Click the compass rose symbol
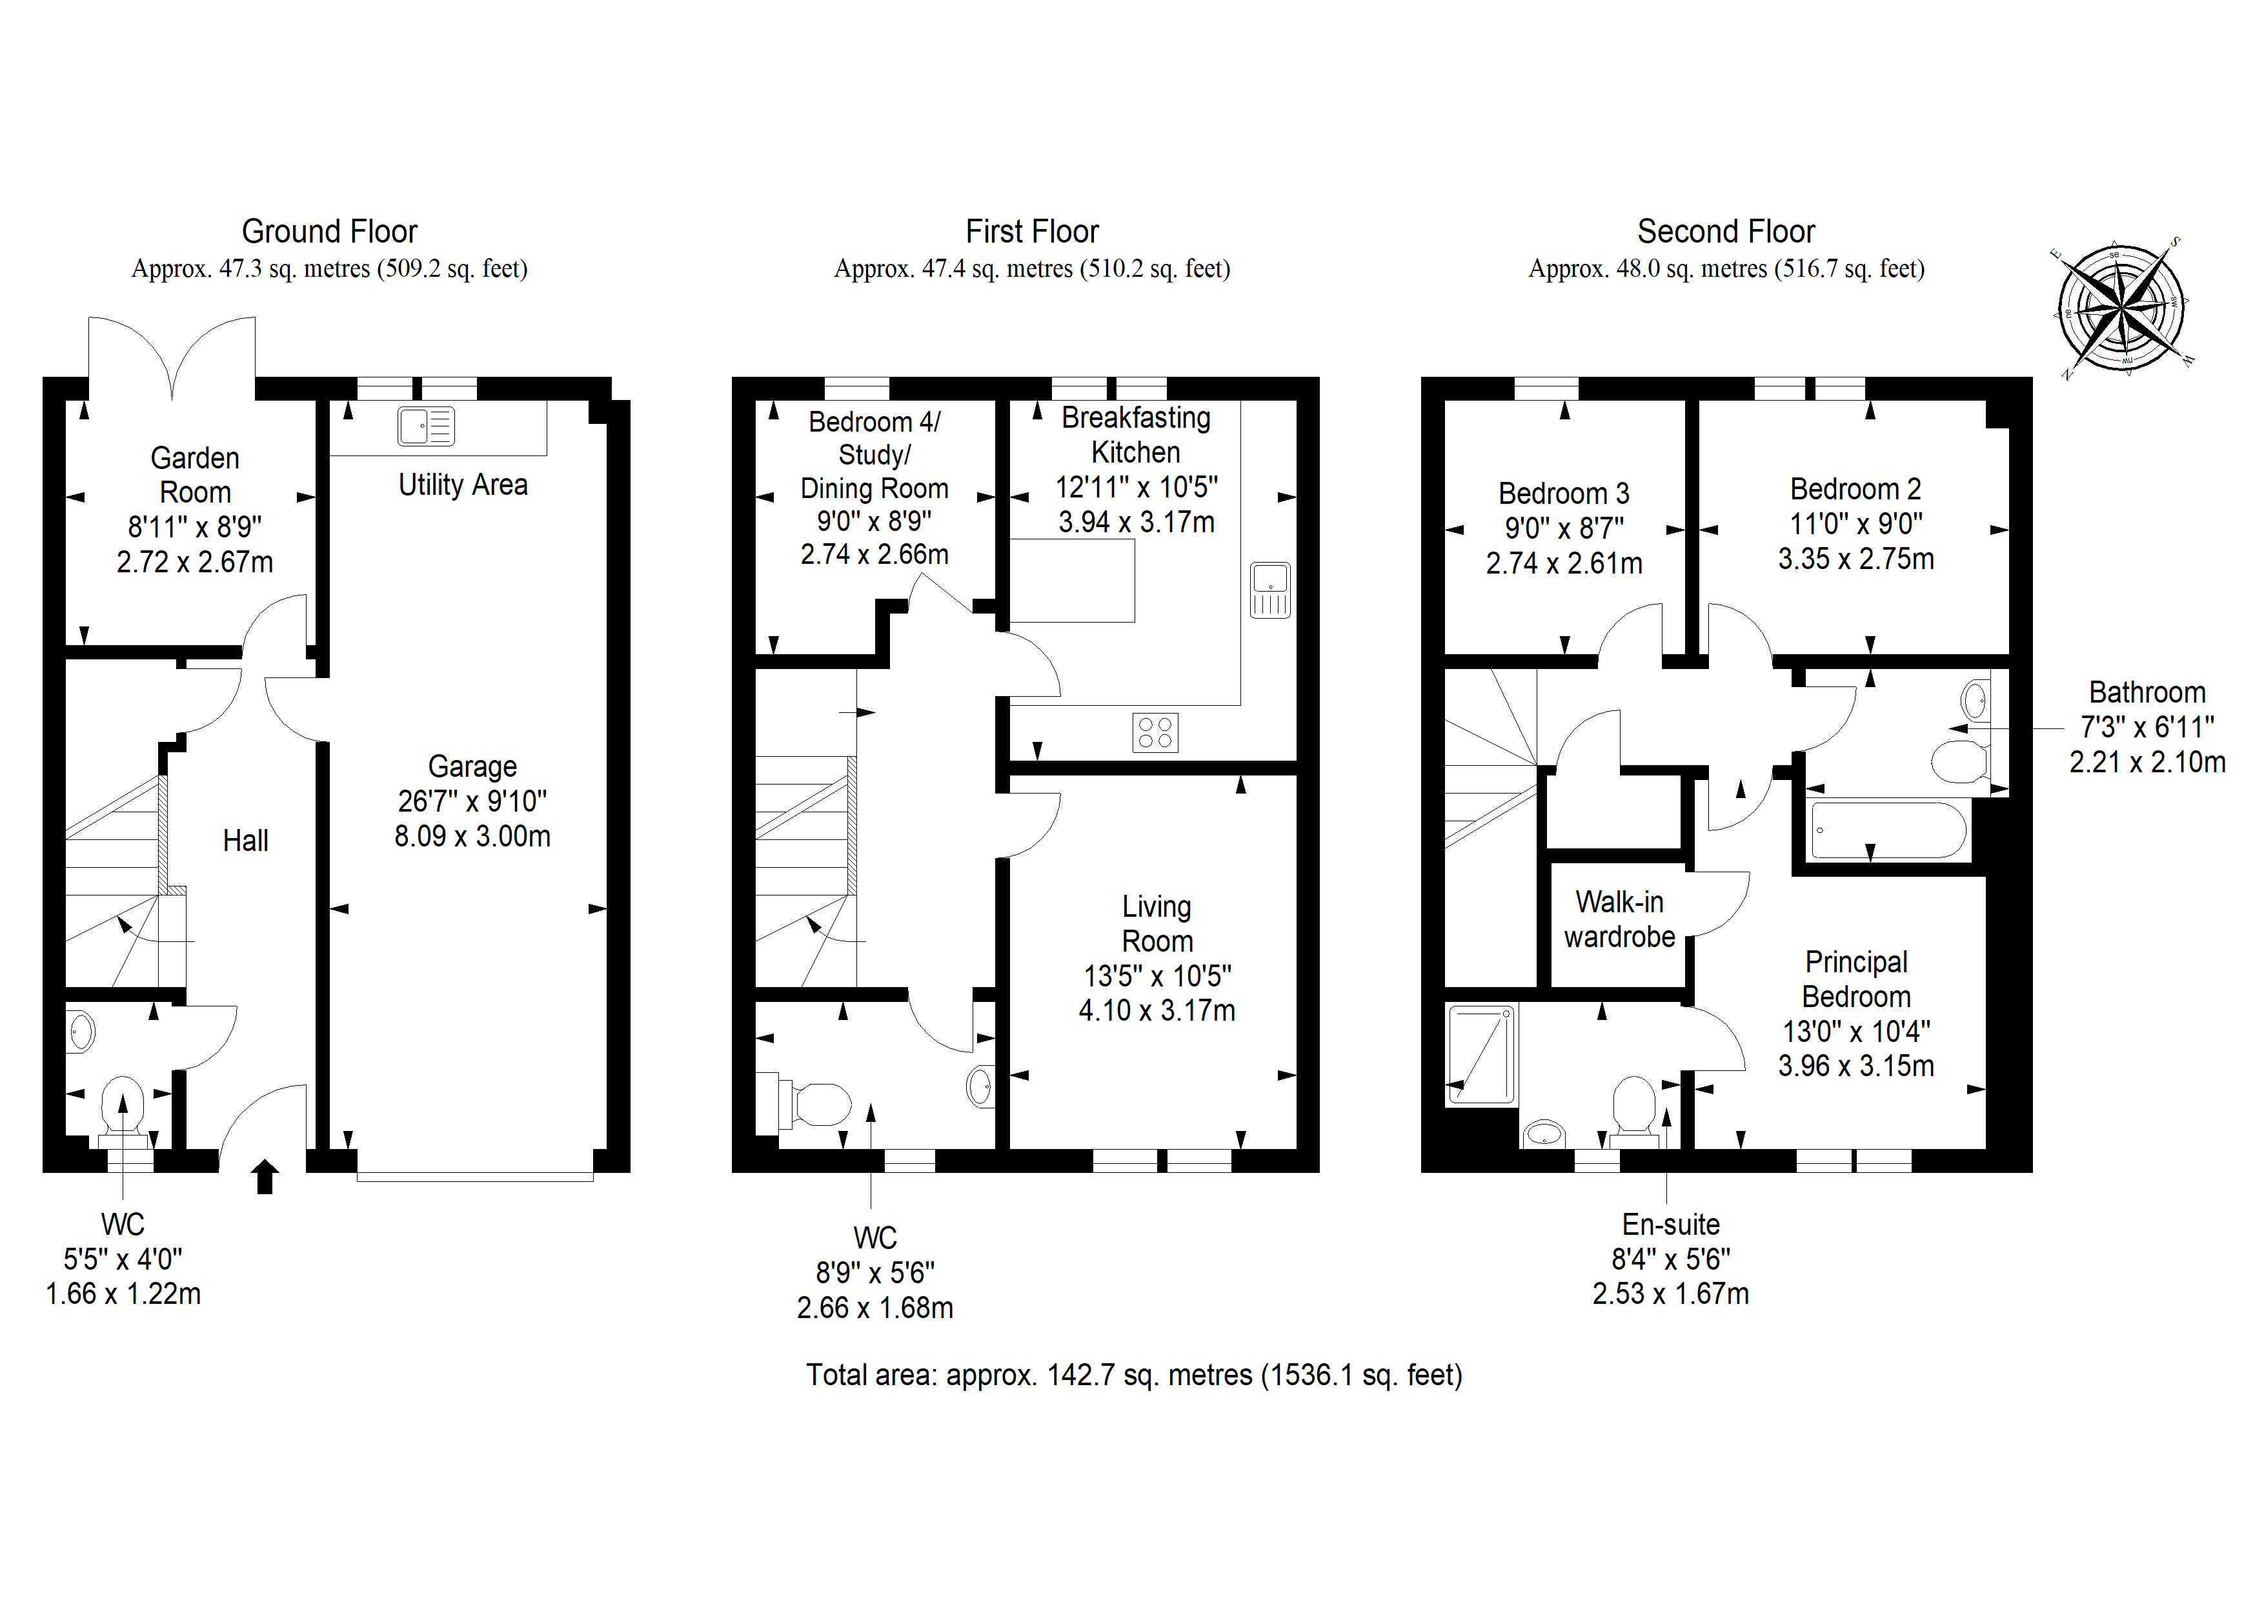[2120, 308]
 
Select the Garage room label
[472, 766]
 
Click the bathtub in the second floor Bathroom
[1888, 831]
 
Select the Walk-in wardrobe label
[1619, 919]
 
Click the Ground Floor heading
[329, 232]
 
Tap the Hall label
[245, 841]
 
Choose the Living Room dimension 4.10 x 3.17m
[1157, 1010]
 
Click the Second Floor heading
[1726, 232]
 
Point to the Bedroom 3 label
[1564, 493]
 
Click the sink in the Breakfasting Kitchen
[1270, 590]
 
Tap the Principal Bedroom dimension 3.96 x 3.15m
[1855, 1066]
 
